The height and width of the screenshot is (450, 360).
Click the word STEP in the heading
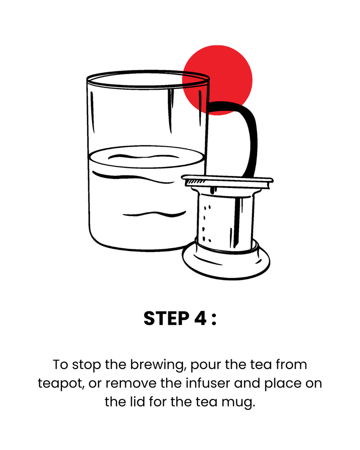point(166,319)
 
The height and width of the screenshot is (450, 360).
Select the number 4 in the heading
point(200,319)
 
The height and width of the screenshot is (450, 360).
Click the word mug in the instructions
point(238,403)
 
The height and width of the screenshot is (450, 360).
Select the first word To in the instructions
point(60,365)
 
